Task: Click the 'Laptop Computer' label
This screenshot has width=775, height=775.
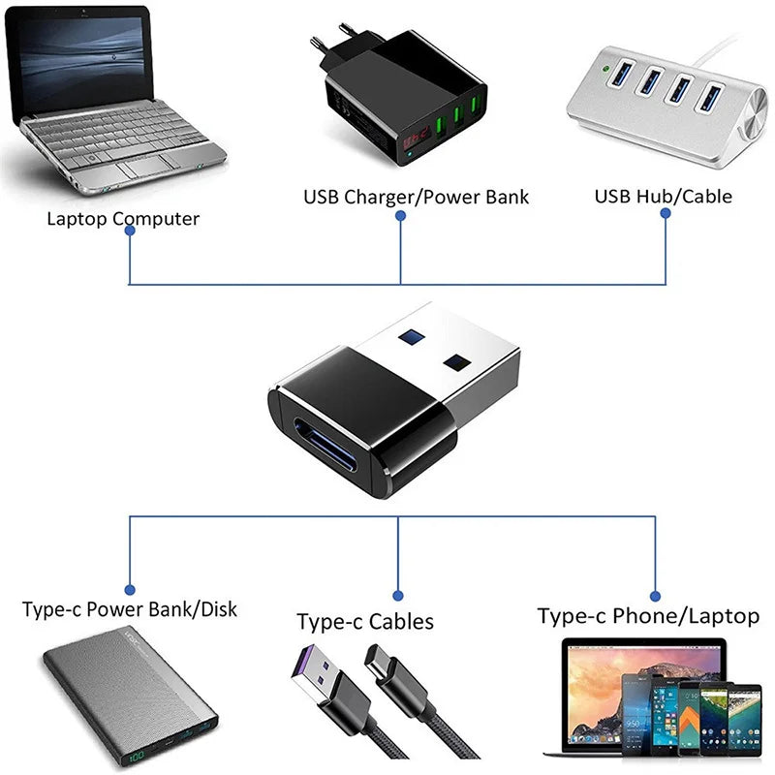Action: coord(123,218)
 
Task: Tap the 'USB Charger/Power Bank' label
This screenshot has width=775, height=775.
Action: coord(417,197)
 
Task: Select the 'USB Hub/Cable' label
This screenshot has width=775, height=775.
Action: coord(663,196)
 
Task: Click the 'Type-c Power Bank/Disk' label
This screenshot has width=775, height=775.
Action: coord(129,609)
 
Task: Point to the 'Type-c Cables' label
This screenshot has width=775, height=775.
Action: coord(365,621)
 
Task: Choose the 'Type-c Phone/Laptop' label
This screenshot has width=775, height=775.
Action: coord(648,615)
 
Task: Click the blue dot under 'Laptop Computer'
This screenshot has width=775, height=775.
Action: coord(130,239)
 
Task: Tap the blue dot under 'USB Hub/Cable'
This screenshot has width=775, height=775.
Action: coord(666,216)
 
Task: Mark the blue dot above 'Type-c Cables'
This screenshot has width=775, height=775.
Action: coord(397,595)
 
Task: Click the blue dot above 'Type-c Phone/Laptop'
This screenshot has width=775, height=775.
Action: coord(655,596)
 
